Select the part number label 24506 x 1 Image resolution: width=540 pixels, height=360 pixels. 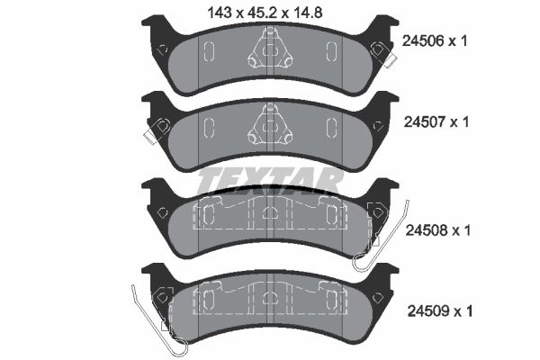pyautogui.click(x=435, y=40)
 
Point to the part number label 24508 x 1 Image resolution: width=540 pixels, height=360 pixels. pyautogui.click(x=435, y=230)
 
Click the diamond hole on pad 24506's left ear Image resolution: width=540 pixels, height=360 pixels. pyautogui.click(x=162, y=49)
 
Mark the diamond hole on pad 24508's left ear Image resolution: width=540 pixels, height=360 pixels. pyautogui.click(x=162, y=212)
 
